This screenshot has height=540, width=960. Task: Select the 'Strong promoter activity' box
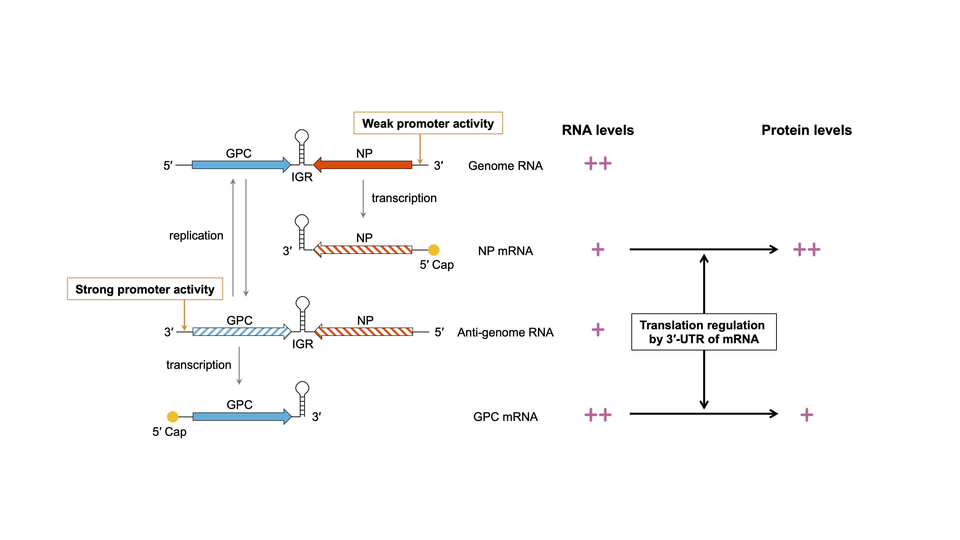pos(145,289)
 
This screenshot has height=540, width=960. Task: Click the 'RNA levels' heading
pos(598,130)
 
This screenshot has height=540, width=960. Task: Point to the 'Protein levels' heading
pos(806,130)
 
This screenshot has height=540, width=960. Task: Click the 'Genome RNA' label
pos(505,166)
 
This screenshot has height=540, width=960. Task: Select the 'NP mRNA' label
pos(505,251)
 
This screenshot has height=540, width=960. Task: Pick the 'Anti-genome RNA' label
pos(505,332)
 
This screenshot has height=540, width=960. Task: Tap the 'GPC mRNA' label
pos(505,417)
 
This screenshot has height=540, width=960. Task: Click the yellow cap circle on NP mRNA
pos(433,250)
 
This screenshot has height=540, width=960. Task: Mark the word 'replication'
pos(196,235)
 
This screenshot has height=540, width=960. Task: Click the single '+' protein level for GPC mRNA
pos(806,415)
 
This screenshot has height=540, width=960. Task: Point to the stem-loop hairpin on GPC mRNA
pos(302,399)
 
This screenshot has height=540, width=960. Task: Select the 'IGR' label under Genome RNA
pos(302,177)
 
